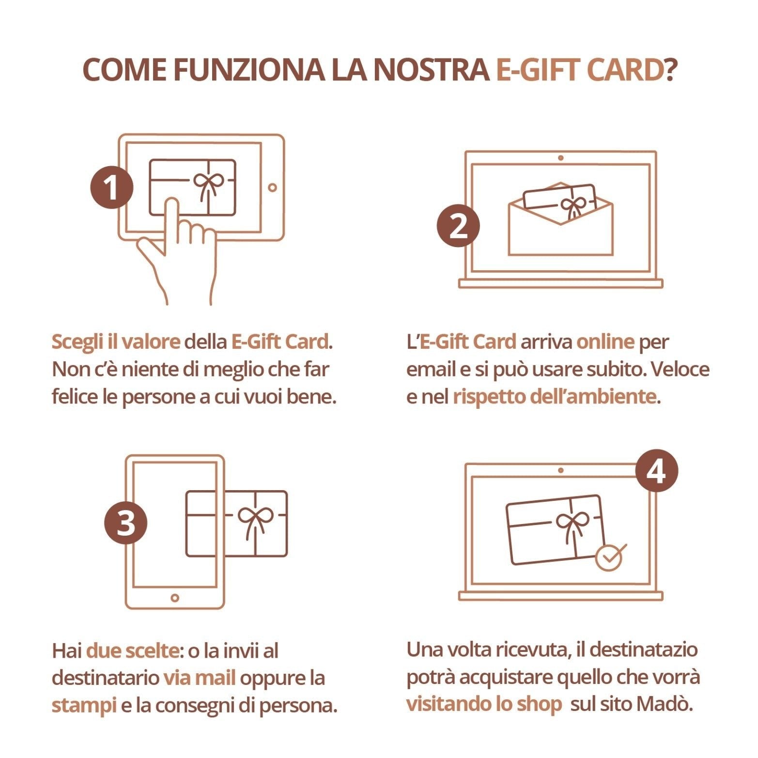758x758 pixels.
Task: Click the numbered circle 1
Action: (x=112, y=187)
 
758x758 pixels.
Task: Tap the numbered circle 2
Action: (x=458, y=226)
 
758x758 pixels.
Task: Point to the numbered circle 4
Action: (x=656, y=471)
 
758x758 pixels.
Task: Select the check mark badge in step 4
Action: (x=609, y=557)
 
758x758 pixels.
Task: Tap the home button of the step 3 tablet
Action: (x=175, y=598)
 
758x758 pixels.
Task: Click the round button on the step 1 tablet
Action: (x=272, y=187)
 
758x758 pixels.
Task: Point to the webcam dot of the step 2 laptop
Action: (x=560, y=158)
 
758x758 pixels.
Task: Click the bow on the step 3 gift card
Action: (x=255, y=518)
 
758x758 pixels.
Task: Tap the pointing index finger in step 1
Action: (x=170, y=218)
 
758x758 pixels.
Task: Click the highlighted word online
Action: (x=605, y=341)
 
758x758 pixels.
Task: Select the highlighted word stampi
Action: (x=84, y=705)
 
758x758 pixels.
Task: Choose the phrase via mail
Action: (x=199, y=678)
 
